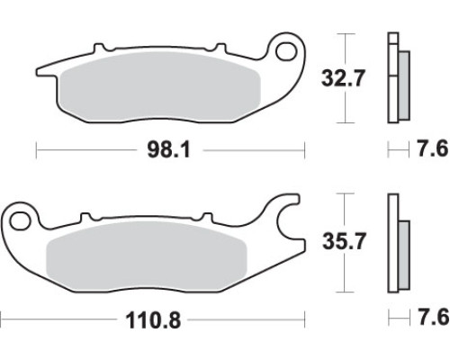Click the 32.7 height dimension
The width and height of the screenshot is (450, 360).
(343, 78)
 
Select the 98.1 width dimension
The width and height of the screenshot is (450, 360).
(169, 150)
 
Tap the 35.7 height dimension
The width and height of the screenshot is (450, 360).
(344, 241)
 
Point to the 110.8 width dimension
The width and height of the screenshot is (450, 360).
(153, 319)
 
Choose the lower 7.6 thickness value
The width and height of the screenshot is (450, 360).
(434, 318)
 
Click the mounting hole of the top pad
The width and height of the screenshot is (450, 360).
(285, 51)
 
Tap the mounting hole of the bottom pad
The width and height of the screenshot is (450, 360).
(20, 221)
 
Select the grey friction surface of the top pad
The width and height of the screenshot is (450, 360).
(160, 86)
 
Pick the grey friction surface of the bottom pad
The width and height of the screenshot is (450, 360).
(147, 256)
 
